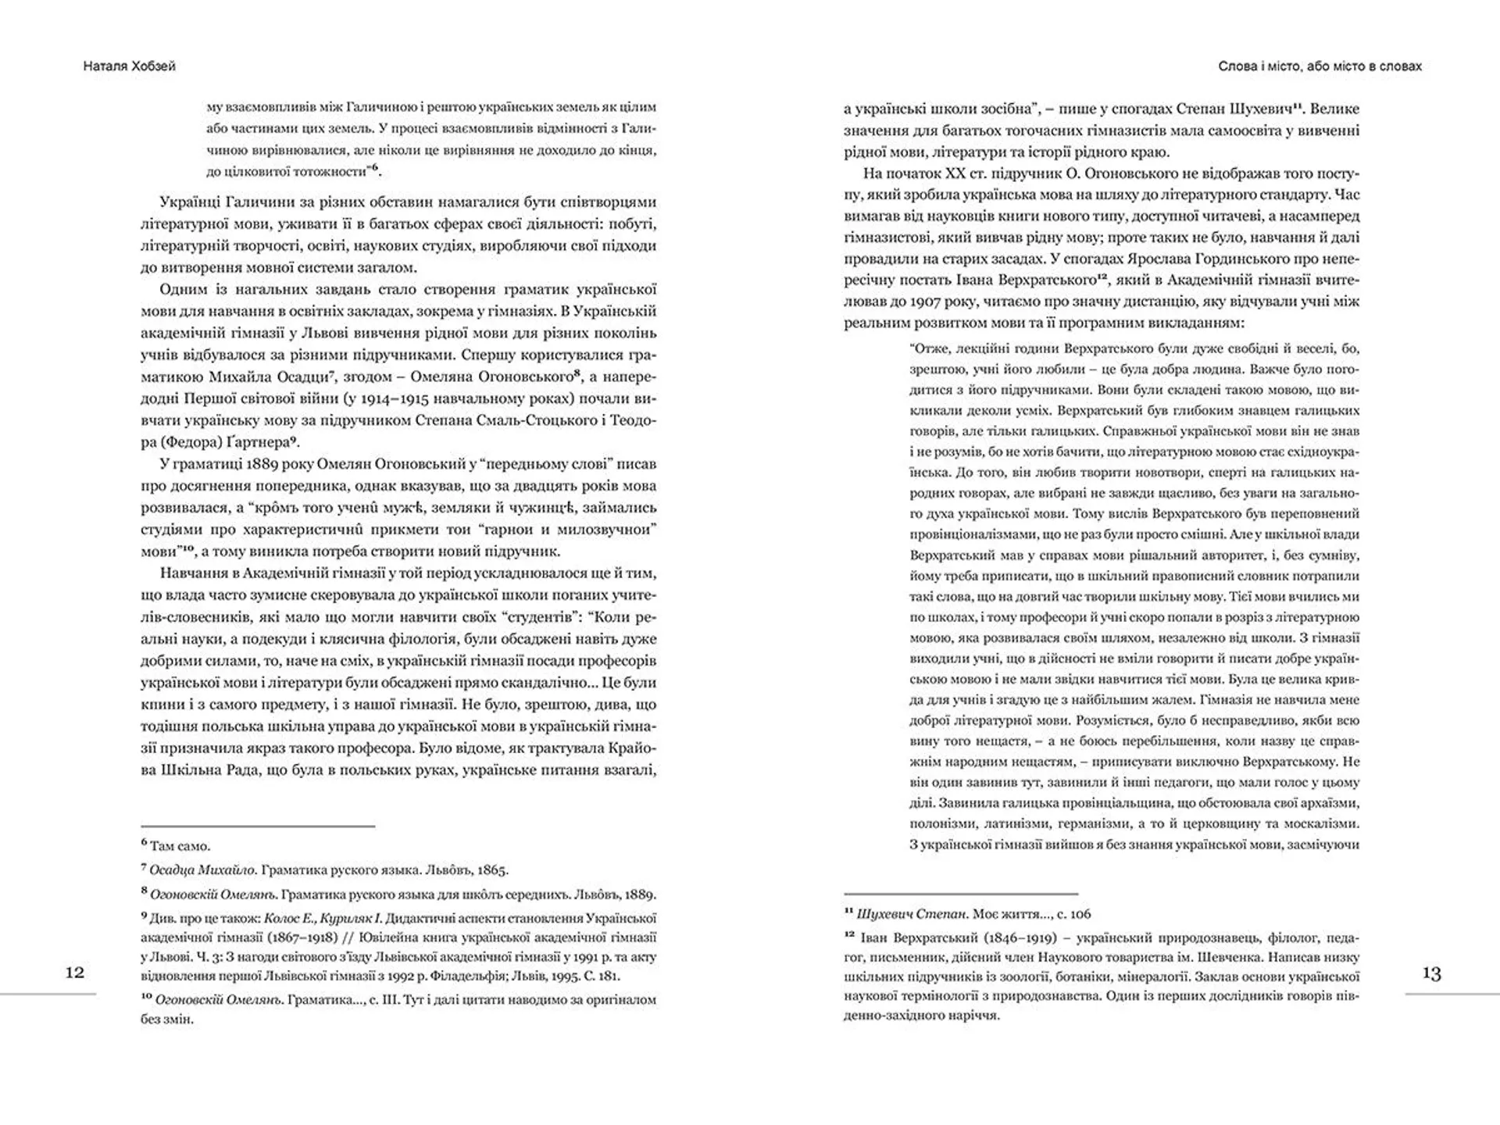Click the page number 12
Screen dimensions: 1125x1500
(75, 973)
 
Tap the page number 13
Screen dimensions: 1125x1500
(1431, 973)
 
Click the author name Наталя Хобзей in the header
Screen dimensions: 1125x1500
(130, 66)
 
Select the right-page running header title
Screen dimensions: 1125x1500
(1320, 66)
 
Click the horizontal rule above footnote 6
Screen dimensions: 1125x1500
(258, 826)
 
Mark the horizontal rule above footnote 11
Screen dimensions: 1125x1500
(960, 893)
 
